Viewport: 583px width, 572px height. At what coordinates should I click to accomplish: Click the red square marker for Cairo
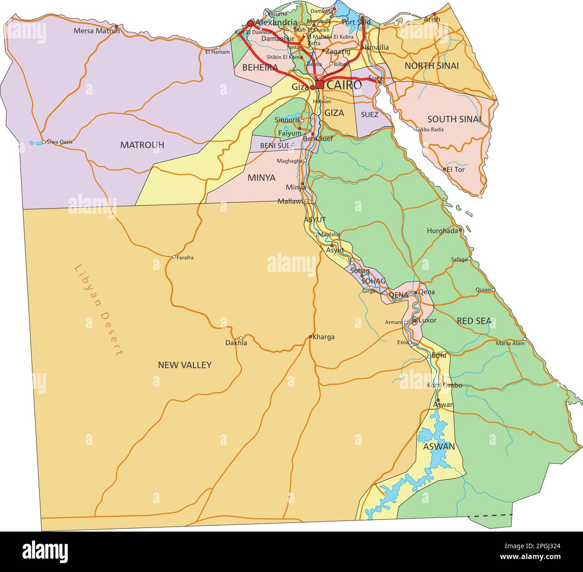(320, 84)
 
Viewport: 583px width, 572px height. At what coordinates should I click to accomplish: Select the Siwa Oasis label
(59, 142)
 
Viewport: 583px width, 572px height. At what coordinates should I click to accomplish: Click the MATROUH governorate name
(142, 145)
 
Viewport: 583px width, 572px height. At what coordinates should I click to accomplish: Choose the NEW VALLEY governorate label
(184, 365)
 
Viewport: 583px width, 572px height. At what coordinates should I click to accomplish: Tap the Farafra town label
(185, 258)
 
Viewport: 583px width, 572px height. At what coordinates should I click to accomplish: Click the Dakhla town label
(236, 343)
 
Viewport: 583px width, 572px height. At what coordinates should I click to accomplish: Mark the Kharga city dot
(310, 337)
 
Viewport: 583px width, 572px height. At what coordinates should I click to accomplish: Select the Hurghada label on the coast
(442, 231)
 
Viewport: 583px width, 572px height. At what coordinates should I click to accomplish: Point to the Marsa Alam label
(510, 343)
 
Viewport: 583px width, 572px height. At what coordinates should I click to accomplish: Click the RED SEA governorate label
(474, 321)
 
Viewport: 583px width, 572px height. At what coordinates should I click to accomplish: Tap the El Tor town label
(456, 170)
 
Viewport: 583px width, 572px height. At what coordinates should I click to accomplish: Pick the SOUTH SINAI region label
(454, 119)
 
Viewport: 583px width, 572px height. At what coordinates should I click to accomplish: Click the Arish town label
(432, 19)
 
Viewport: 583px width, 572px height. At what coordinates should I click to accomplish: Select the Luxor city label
(427, 321)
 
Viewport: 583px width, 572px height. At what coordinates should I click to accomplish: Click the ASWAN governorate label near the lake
(439, 447)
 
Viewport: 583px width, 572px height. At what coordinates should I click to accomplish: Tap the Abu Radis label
(432, 129)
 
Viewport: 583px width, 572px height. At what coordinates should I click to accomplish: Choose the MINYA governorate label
(261, 178)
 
